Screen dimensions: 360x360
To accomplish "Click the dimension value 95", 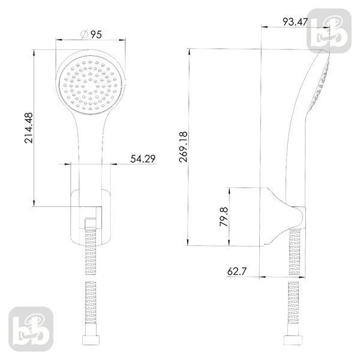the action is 96,35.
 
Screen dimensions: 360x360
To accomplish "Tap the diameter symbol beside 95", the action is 84,34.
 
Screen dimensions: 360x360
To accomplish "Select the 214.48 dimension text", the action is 29,128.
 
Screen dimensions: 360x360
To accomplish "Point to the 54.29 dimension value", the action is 143,159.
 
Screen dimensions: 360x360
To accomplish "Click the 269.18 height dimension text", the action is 184,147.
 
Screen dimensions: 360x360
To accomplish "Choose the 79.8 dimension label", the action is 224,217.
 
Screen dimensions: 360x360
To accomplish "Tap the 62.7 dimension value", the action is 237,271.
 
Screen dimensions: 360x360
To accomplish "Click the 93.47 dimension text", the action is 295,22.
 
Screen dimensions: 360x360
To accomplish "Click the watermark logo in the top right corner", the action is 329,31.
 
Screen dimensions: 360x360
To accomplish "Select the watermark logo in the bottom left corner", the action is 31,329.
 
